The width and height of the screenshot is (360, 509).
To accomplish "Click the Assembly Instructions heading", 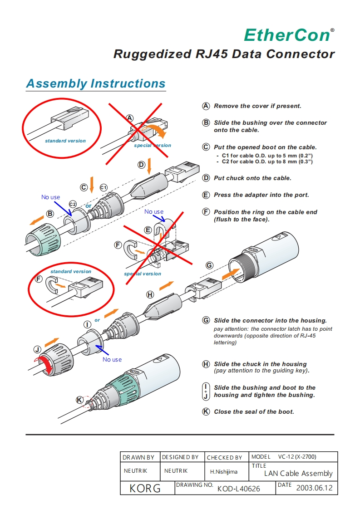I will click(96, 84).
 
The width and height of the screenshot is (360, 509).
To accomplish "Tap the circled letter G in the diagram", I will click(209, 265).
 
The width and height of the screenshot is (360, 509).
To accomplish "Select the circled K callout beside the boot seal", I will click(79, 400).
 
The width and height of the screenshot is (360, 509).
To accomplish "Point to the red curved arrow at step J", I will click(45, 365).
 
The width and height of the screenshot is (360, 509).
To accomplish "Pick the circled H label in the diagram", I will click(150, 294).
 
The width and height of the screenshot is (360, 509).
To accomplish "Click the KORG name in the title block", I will click(145, 488).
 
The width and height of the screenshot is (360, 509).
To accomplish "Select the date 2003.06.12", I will click(314, 488).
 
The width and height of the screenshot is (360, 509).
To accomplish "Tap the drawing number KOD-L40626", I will click(238, 489).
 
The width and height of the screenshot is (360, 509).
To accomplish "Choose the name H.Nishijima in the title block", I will click(223, 472).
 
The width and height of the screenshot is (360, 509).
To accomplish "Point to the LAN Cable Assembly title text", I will click(298, 474).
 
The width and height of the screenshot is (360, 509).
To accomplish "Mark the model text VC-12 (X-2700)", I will click(297, 457).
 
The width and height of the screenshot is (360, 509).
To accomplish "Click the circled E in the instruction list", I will click(206, 195).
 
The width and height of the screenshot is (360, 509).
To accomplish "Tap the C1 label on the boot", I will click(104, 187).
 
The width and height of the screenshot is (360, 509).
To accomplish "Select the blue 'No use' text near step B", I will click(50, 197).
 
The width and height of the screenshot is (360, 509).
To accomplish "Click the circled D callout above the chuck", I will click(141, 164).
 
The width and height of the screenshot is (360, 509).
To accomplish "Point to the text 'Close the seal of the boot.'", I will click(254, 412).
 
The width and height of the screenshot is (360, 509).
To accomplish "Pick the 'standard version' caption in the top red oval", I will click(65, 141).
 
